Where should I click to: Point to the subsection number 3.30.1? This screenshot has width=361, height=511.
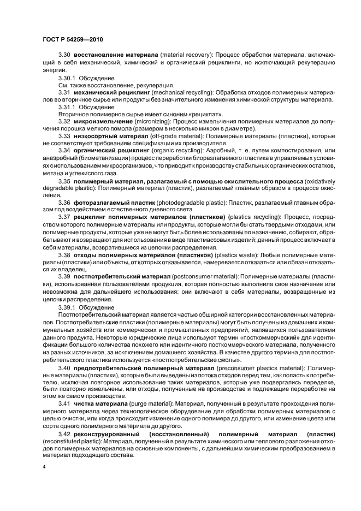68,78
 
